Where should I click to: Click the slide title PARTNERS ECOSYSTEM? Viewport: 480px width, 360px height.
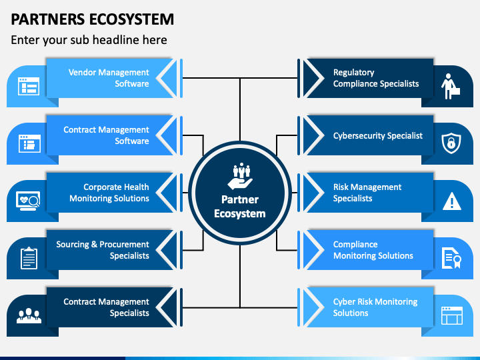tap(92, 19)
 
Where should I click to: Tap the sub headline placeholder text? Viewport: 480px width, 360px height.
tap(89, 40)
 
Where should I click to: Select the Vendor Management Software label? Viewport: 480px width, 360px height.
tap(109, 78)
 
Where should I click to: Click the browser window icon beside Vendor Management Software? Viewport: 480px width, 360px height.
tap(29, 86)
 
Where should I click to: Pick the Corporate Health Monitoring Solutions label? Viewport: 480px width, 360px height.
tap(109, 193)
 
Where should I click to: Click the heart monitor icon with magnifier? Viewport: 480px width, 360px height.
tap(28, 201)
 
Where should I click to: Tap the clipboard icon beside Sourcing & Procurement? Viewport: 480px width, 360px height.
tap(29, 259)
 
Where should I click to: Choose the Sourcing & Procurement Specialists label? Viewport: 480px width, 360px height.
tap(103, 250)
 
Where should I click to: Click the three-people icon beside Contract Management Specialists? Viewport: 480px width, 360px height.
tap(29, 315)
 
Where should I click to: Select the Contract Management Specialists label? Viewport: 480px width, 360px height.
tap(106, 307)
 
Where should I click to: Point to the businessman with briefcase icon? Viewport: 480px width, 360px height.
tap(451, 86)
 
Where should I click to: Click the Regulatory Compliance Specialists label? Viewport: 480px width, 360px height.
tap(376, 78)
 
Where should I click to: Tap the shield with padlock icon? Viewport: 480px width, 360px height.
tap(451, 143)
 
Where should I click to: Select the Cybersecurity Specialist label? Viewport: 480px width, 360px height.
tap(378, 135)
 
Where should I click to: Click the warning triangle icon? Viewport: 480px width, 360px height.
tap(452, 201)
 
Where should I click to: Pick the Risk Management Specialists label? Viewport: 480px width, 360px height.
tap(367, 193)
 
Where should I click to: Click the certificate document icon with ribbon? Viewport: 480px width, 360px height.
tap(451, 259)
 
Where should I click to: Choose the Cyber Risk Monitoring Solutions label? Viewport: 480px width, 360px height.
tap(375, 307)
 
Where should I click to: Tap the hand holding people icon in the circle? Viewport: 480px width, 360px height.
tap(240, 176)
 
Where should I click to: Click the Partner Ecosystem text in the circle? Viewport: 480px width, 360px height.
tap(240, 207)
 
